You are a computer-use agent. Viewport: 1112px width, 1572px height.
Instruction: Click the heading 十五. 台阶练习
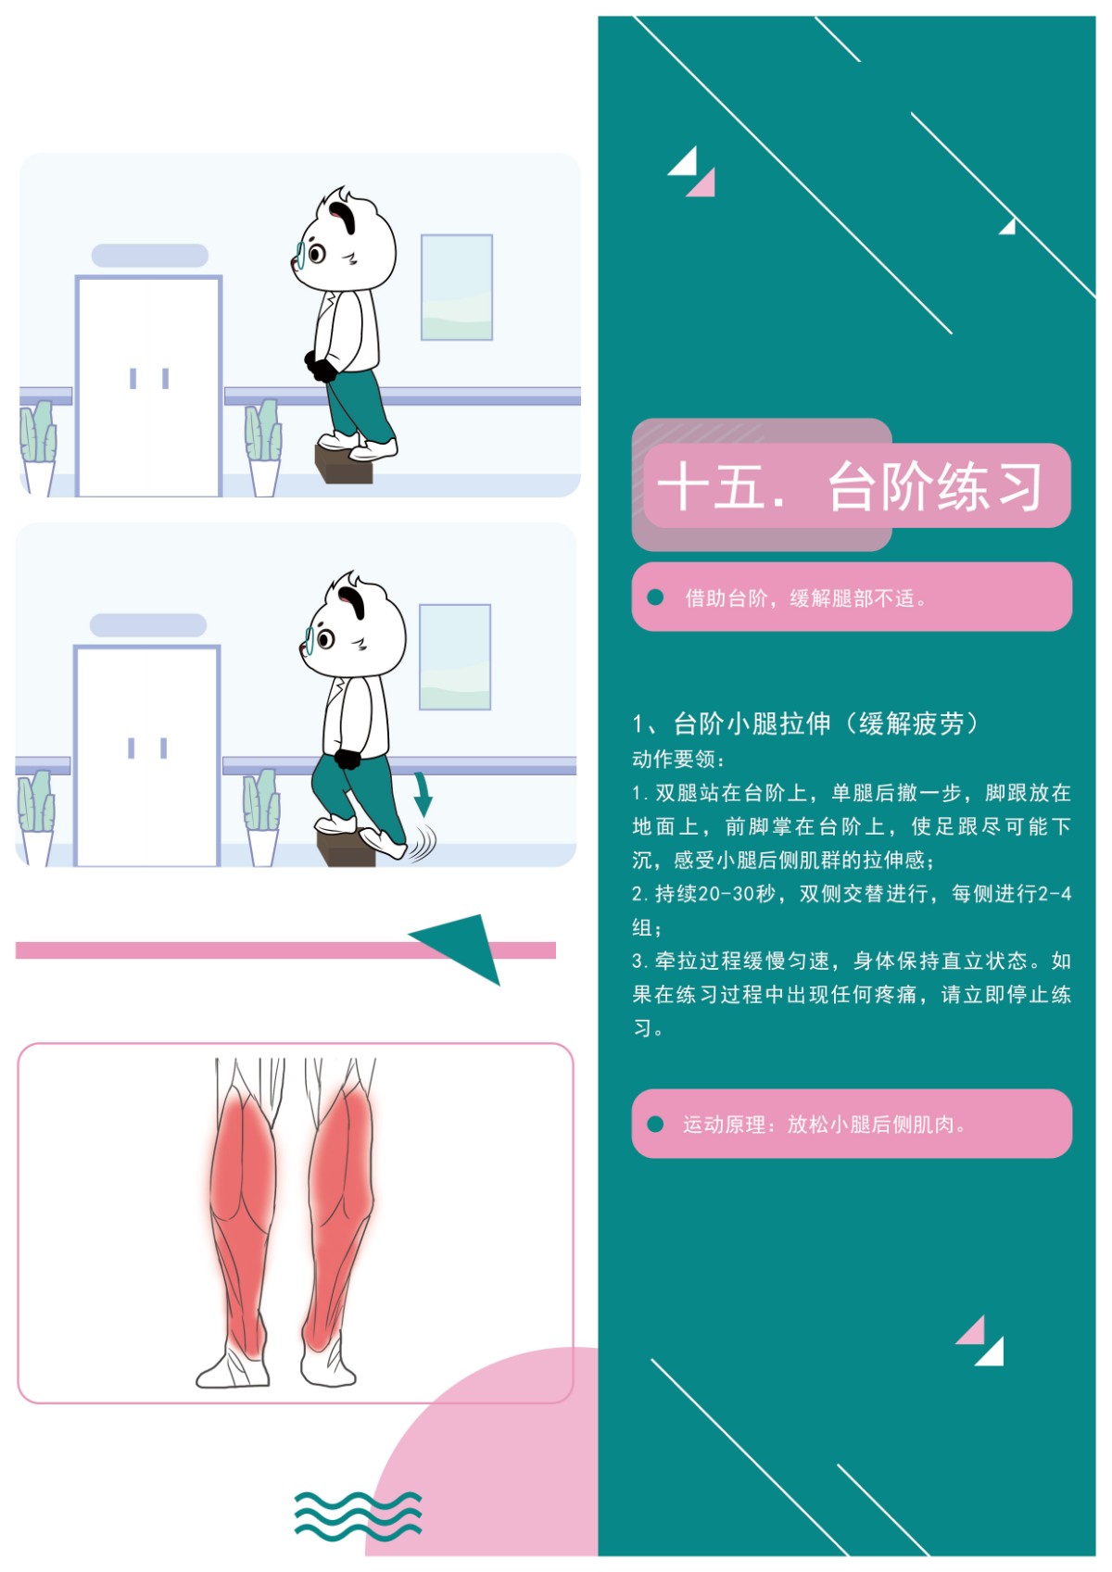point(850,486)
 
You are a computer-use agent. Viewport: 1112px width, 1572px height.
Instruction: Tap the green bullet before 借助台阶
point(655,597)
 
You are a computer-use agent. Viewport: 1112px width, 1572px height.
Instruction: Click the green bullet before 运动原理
point(655,1125)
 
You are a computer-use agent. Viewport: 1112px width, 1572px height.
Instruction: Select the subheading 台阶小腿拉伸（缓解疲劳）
point(826,723)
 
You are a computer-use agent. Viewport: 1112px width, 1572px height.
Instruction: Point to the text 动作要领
point(674,760)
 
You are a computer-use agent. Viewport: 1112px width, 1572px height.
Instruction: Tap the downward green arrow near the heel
point(423,794)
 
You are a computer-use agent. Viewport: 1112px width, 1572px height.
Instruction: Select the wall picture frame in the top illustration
point(456,287)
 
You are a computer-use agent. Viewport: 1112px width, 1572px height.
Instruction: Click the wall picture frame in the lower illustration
point(455,657)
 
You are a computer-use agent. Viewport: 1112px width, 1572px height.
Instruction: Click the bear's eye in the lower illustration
point(326,639)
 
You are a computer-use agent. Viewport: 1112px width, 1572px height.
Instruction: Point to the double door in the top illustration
point(149,386)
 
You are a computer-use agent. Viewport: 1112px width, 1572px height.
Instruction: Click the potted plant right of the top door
point(263,447)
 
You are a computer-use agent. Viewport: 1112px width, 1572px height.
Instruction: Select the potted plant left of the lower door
point(36,818)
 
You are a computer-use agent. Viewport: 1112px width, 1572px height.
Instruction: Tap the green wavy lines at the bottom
point(358,1515)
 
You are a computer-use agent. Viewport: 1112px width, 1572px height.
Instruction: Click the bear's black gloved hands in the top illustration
point(321,367)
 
